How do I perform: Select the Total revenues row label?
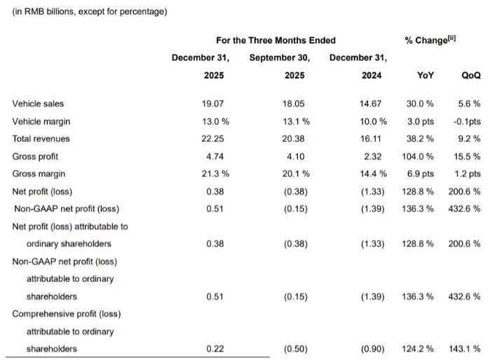point(41,139)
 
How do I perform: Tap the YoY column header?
point(425,75)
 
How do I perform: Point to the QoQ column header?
point(470,75)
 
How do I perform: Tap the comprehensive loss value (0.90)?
point(372,349)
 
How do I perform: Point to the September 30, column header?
point(280,57)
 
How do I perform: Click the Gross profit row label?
point(36,156)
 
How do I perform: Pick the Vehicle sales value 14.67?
point(372,104)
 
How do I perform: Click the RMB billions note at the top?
point(90,11)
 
